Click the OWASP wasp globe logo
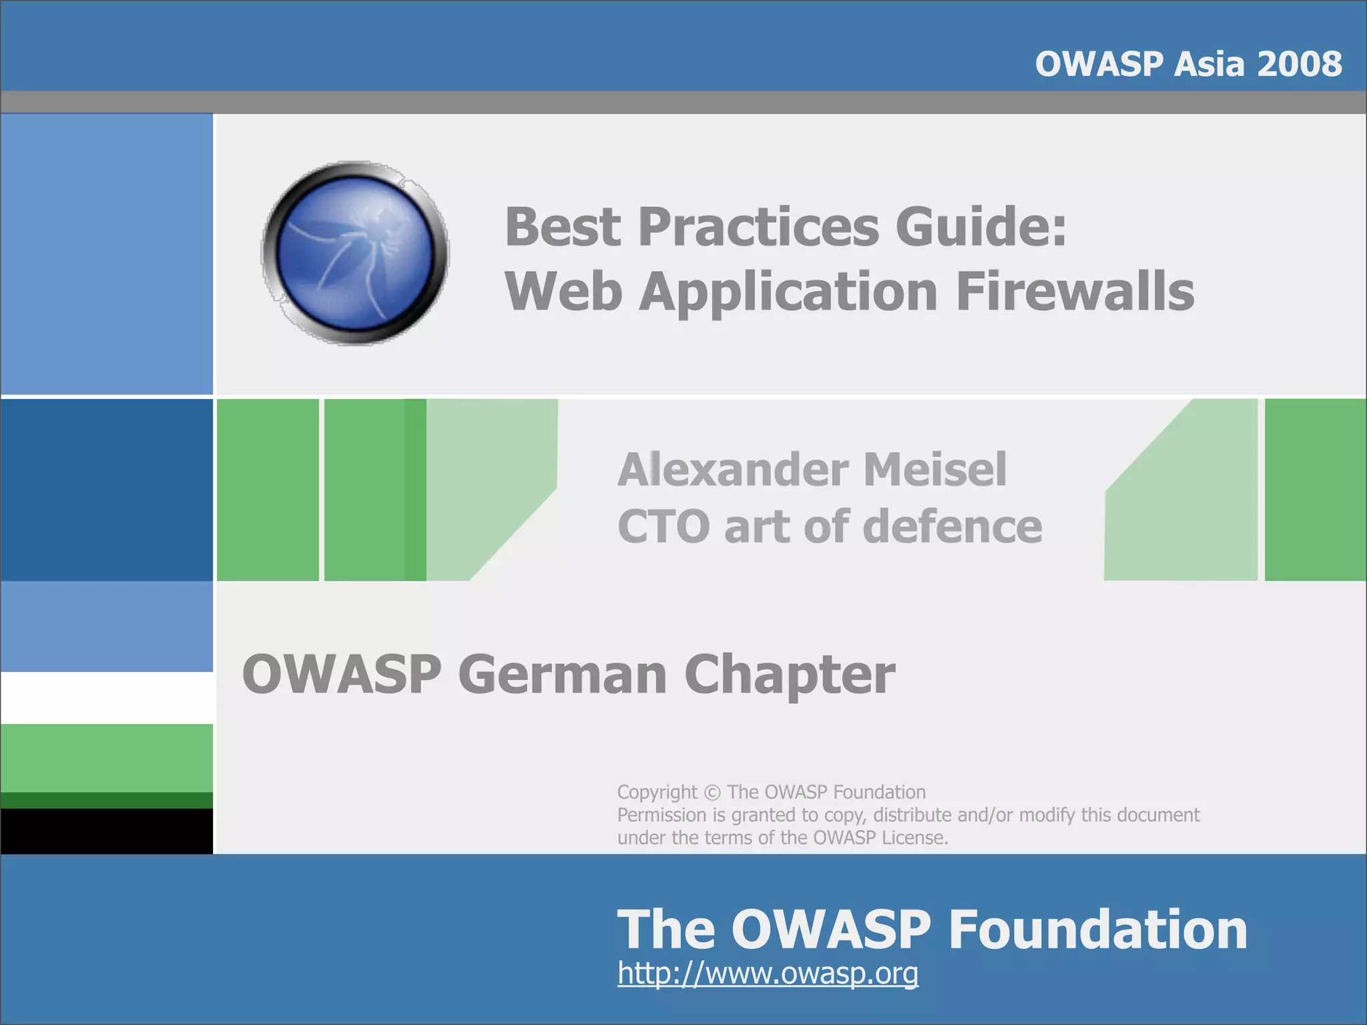tap(355, 254)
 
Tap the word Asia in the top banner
tap(1209, 64)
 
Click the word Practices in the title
tap(758, 227)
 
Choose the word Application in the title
tap(788, 292)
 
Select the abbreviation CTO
tap(663, 527)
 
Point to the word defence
tap(952, 527)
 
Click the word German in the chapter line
tap(563, 674)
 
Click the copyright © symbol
tap(712, 793)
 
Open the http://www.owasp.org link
tap(768, 973)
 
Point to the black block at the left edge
tap(107, 831)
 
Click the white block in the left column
tap(107, 697)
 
